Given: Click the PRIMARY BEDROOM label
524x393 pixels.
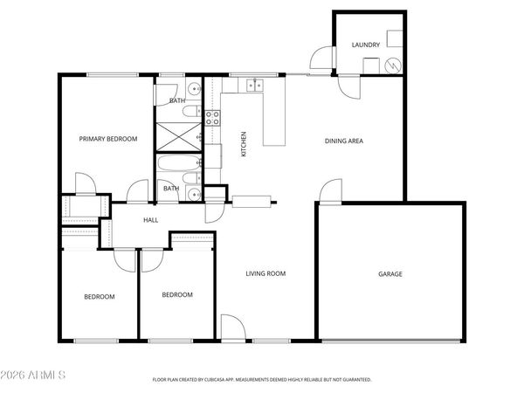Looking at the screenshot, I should point(108,138).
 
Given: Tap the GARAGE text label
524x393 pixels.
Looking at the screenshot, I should point(390,274).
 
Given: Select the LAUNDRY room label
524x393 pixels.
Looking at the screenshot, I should point(365,45).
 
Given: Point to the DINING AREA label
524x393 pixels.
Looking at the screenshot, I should point(344,141).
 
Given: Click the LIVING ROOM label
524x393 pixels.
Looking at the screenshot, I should point(265,273).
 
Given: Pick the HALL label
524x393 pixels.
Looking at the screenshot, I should point(151,220).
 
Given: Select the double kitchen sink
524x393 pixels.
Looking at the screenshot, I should point(254,86).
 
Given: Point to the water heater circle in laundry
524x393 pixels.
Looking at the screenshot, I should point(393,65).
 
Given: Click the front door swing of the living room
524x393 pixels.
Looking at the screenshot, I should point(232,328).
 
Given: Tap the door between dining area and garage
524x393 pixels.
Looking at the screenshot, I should point(330,191).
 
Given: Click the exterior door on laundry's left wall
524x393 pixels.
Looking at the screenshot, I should point(322,58).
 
